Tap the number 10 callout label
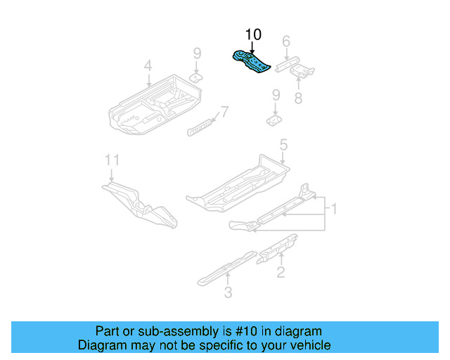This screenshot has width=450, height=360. (x=252, y=34)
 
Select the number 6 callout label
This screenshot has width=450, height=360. (x=286, y=42)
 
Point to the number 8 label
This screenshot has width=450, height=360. (x=298, y=98)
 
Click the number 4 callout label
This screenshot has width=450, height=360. (x=148, y=66)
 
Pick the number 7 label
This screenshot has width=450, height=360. (x=224, y=112)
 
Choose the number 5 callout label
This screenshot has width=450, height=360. (x=283, y=146)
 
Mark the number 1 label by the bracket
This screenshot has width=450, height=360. (x=334, y=209)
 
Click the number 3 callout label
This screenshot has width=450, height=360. (x=229, y=292)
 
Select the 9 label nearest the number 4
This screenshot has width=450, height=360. (x=198, y=53)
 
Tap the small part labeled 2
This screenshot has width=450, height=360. (x=278, y=246)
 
